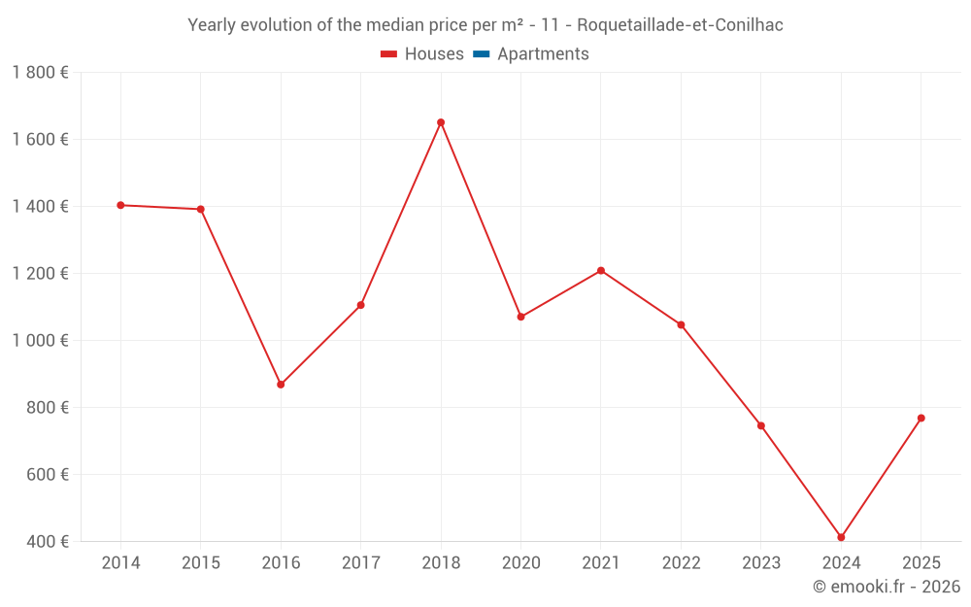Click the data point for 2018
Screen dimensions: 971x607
pyautogui.click(x=441, y=122)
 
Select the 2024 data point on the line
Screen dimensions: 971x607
pyautogui.click(x=841, y=537)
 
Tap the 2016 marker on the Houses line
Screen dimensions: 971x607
pyautogui.click(x=281, y=385)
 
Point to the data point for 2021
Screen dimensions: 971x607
pyautogui.click(x=601, y=271)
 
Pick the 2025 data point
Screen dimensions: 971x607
pyautogui.click(x=921, y=418)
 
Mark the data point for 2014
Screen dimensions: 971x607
pyautogui.click(x=120, y=205)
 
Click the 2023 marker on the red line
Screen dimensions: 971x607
pyautogui.click(x=761, y=425)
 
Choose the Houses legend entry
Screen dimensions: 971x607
pyautogui.click(x=422, y=53)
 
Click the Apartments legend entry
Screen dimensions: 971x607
pyautogui.click(x=531, y=53)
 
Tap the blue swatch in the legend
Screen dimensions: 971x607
pyautogui.click(x=482, y=53)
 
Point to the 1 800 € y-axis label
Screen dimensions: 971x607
pyautogui.click(x=40, y=73)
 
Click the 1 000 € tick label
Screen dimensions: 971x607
pyautogui.click(x=40, y=341)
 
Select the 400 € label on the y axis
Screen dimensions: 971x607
pyautogui.click(x=48, y=541)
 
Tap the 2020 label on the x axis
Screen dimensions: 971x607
pyautogui.click(x=520, y=562)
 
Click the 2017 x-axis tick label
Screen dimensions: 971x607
pyautogui.click(x=361, y=562)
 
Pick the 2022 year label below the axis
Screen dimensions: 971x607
pyautogui.click(x=682, y=562)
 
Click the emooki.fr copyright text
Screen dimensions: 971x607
pyautogui.click(x=887, y=586)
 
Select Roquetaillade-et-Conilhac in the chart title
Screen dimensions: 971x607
pyautogui.click(x=680, y=25)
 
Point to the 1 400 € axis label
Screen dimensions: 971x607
pyautogui.click(x=40, y=206)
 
